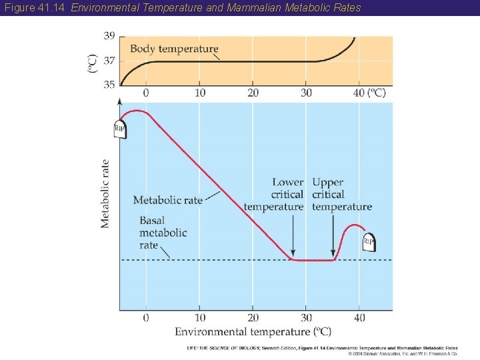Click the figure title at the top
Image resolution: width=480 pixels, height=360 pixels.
181,8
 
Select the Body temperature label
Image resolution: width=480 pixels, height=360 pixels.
174,49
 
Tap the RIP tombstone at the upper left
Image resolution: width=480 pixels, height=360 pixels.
120,128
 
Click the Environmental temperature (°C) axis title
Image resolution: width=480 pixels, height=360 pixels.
253,331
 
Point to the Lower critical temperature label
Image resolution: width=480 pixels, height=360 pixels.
275,195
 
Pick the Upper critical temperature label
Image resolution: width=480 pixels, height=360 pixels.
341,195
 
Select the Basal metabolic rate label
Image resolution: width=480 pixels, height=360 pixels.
163,233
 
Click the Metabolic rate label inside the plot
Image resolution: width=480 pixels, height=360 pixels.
167,200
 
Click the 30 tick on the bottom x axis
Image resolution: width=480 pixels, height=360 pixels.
306,317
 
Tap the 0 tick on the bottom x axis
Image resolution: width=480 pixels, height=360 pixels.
146,317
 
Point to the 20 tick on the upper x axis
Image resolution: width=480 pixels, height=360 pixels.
253,93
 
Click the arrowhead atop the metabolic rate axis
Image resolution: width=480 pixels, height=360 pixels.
120,101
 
